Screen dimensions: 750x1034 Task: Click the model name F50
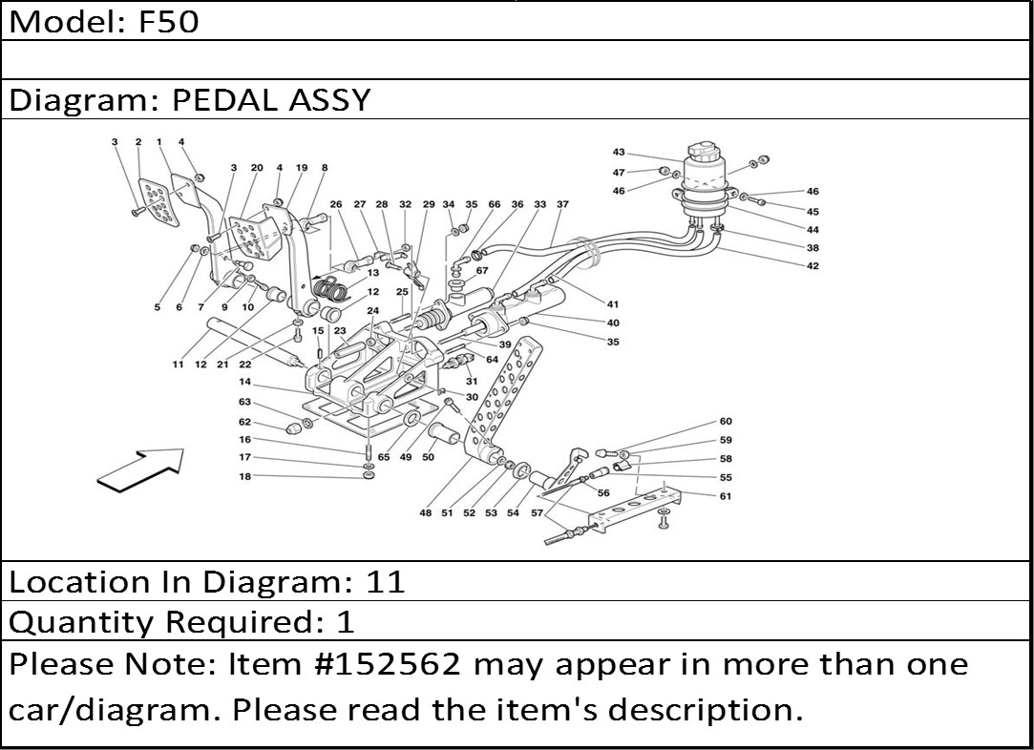pos(169,21)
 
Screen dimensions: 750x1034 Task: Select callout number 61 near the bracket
pos(726,496)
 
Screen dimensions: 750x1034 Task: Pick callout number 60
pos(726,422)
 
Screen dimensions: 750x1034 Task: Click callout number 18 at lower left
pos(245,476)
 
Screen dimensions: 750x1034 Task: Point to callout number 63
pos(245,402)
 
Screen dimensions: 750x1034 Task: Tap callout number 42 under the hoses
pos(812,266)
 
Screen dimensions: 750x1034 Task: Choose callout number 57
pos(538,513)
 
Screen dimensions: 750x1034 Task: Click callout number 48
pos(425,513)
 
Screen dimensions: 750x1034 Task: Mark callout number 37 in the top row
pos(562,204)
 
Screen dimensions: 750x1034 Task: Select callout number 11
pos(178,365)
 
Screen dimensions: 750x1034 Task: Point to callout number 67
pos(482,270)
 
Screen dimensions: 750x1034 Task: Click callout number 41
pos(613,304)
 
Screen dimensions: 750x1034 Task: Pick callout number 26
pos(336,204)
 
